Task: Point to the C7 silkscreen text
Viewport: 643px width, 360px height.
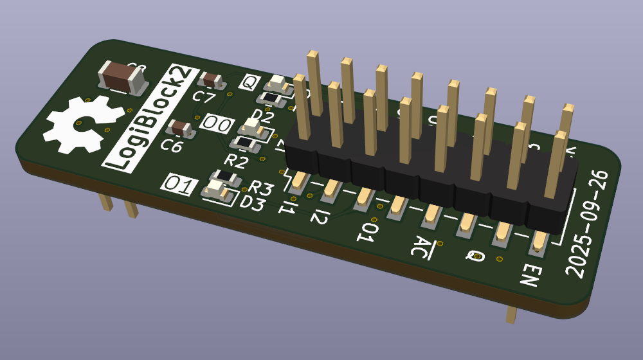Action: pyautogui.click(x=204, y=97)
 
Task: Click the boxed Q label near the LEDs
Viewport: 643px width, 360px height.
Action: pyautogui.click(x=249, y=82)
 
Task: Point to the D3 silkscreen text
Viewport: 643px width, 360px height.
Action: pyautogui.click(x=252, y=203)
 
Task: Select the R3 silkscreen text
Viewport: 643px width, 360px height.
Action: pyautogui.click(x=261, y=188)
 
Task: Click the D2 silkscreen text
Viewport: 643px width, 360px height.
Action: pyautogui.click(x=262, y=116)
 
